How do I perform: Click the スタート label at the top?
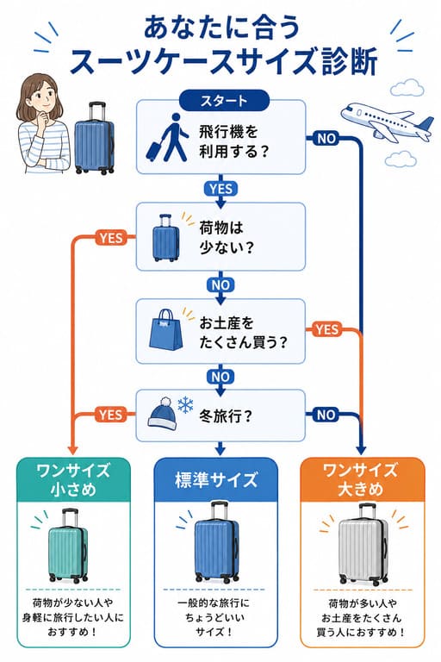(x=224, y=101)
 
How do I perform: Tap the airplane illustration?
(x=387, y=121)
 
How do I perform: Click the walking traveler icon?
(x=168, y=138)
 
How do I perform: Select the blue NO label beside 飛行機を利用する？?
(x=326, y=139)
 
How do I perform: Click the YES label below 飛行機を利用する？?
(x=220, y=189)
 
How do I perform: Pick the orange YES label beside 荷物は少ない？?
(x=111, y=238)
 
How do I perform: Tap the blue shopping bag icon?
(x=166, y=330)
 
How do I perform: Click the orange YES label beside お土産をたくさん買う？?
(x=326, y=329)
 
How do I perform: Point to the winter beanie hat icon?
(x=162, y=414)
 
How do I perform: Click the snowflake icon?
(x=185, y=405)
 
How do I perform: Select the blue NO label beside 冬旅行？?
(x=326, y=415)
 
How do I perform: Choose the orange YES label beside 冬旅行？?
(x=111, y=415)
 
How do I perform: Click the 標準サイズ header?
(x=215, y=480)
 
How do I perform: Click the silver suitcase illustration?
(x=363, y=544)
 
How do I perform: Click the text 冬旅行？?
(x=226, y=415)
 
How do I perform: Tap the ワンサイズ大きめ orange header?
(x=362, y=479)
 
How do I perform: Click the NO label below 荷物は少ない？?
(x=220, y=285)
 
